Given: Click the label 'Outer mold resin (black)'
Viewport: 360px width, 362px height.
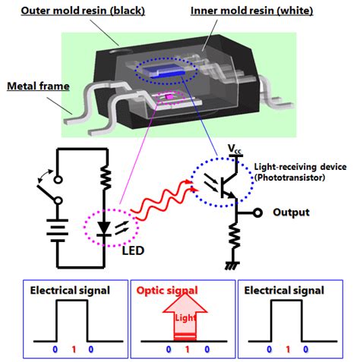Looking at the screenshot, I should click(x=80, y=11).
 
